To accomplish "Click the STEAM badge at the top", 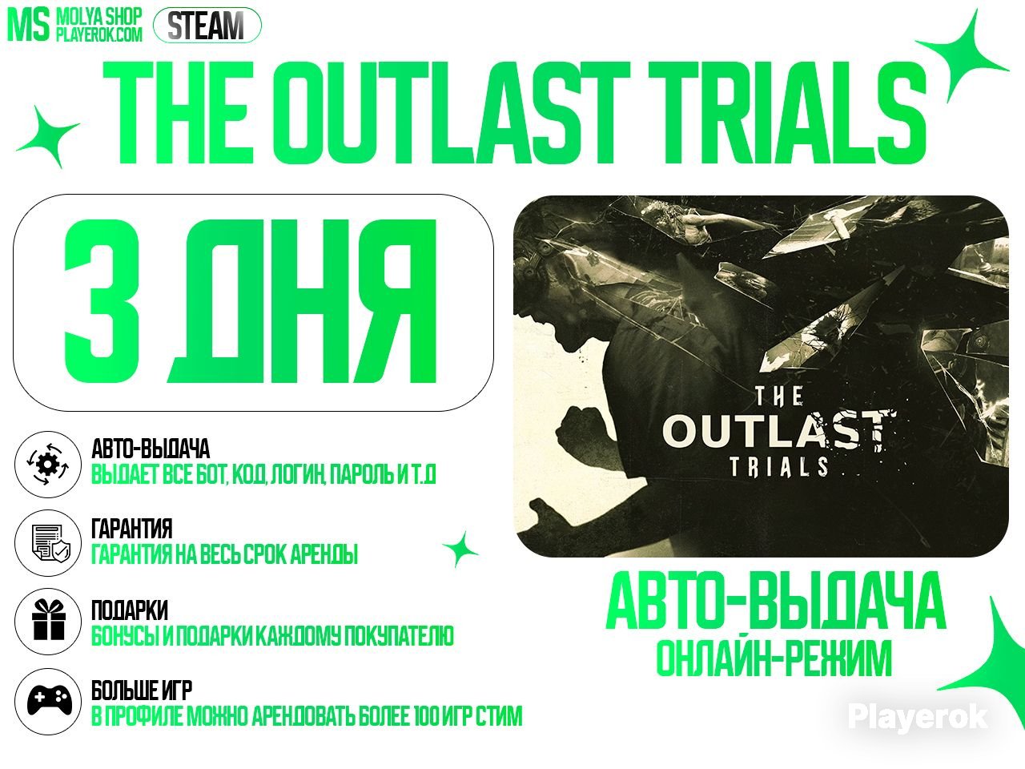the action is tap(207, 25).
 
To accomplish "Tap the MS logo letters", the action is tap(28, 26).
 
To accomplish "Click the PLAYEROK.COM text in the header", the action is tap(99, 34).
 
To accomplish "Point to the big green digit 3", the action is tap(102, 302).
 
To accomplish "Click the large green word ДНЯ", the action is tap(302, 302).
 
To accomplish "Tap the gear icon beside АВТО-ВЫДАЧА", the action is tap(47, 465).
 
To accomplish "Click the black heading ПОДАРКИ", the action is tap(130, 610).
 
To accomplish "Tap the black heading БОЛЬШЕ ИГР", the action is tap(142, 690).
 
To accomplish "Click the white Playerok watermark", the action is tap(917, 717).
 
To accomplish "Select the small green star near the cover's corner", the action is tap(460, 550).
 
